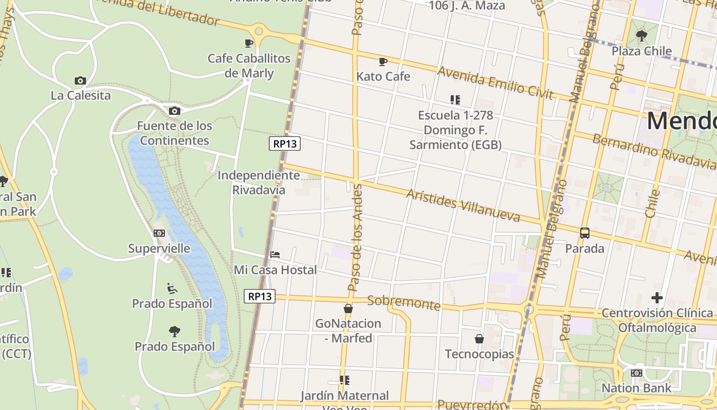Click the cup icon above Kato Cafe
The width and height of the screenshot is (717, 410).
pos(383,62)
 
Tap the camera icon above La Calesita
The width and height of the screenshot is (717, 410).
pos(80,80)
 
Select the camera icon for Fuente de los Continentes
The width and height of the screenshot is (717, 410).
pos(174,111)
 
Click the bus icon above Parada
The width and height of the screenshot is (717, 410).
pos(585,233)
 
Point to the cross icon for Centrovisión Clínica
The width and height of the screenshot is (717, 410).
pos(657,298)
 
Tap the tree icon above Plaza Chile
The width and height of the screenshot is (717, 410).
pos(641,36)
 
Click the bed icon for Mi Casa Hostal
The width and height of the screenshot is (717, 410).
pos(275,254)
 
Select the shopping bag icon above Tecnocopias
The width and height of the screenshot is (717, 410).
pos(479,339)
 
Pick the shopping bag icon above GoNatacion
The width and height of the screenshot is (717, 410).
pos(348,309)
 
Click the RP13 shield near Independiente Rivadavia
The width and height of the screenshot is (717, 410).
pos(285,143)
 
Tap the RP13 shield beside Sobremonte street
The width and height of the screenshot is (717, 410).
pos(260,296)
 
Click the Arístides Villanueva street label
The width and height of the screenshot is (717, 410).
pos(463,206)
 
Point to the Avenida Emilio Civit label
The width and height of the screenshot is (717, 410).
pos(495,84)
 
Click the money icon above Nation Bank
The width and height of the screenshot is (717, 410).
pos(637,373)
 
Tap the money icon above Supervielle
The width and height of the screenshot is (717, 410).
pos(159,233)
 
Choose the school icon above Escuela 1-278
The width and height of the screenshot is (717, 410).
pos(455,100)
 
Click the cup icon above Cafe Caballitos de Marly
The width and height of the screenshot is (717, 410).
pos(249,43)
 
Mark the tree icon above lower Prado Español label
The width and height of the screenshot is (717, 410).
pos(175,331)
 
